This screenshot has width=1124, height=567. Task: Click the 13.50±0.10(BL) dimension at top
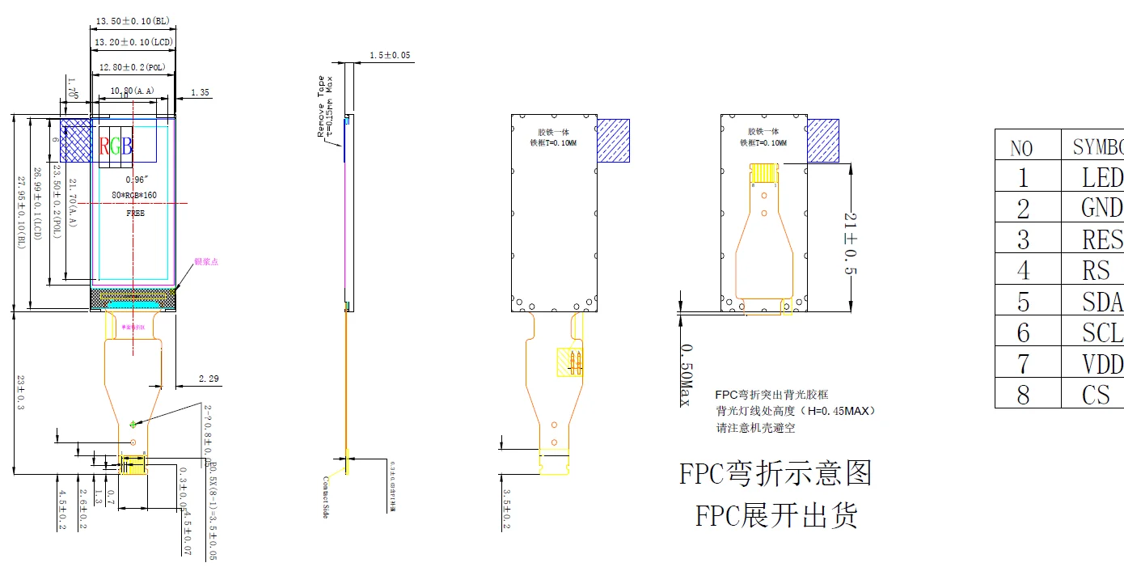click(x=133, y=20)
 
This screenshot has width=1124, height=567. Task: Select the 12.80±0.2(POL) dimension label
click(x=132, y=67)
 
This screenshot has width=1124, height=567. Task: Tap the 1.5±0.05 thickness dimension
click(x=390, y=55)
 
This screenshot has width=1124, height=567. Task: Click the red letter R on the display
click(x=104, y=146)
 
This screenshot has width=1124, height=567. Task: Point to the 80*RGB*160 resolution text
click(x=134, y=196)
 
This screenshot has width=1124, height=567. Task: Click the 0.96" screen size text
click(x=134, y=179)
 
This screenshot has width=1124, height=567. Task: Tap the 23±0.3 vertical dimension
click(x=20, y=392)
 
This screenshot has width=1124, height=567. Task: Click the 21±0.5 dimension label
click(x=848, y=244)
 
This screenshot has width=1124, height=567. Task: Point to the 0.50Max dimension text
click(x=687, y=374)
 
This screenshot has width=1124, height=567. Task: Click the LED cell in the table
click(x=1101, y=177)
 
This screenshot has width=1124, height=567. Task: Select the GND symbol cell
click(x=1101, y=208)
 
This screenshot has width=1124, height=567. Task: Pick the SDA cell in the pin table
click(x=1101, y=301)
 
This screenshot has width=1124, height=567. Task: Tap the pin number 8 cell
click(x=1024, y=394)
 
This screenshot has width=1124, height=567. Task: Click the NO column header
click(x=1022, y=148)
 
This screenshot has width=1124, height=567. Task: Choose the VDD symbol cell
click(x=1101, y=363)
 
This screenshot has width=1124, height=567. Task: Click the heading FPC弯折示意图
click(x=775, y=473)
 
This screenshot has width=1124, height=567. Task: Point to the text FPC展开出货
click(x=775, y=514)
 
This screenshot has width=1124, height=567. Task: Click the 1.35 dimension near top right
click(x=200, y=93)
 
